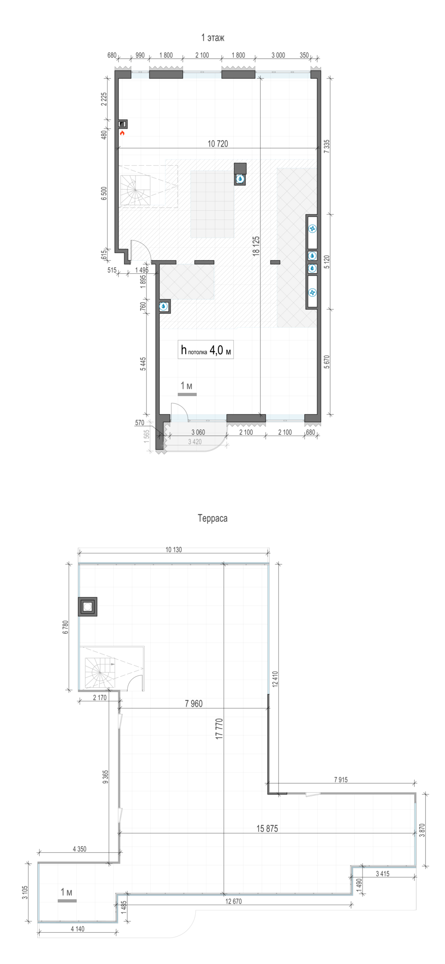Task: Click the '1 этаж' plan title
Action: click(213, 38)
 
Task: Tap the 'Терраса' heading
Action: click(213, 518)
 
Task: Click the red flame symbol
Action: click(122, 133)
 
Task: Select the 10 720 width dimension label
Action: click(218, 144)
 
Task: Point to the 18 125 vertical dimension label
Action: click(256, 246)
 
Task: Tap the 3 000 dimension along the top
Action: click(278, 55)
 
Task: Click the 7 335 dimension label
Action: click(327, 147)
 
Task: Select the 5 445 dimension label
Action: click(143, 364)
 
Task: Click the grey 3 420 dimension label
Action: click(195, 442)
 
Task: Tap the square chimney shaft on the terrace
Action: click(88, 607)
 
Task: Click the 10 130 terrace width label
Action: click(174, 549)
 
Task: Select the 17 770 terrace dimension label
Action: click(219, 729)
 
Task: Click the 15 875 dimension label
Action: click(267, 829)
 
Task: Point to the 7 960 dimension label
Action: click(194, 704)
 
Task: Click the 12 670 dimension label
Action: click(233, 901)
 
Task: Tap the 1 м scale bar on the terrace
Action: click(67, 896)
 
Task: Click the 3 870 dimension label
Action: click(422, 830)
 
